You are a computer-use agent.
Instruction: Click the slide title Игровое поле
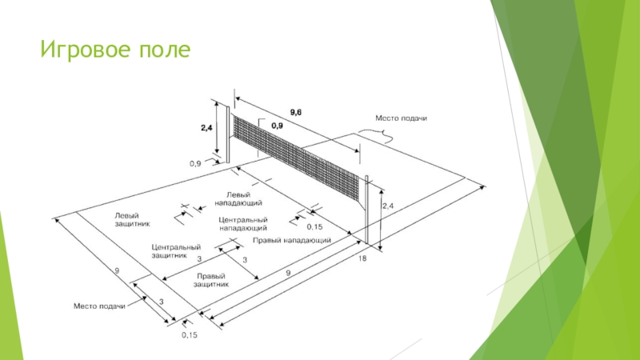115,50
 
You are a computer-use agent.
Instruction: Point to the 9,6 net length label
296,112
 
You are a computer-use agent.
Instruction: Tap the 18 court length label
362,258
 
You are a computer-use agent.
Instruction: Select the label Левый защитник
132,219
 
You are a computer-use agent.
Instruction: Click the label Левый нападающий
238,198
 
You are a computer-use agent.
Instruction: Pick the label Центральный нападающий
243,224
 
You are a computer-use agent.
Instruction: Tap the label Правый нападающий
292,240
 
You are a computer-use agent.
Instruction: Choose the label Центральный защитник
176,251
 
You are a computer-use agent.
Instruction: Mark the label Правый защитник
211,280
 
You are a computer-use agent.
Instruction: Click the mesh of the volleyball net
296,157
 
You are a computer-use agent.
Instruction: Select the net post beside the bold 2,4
228,134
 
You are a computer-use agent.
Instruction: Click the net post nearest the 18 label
366,210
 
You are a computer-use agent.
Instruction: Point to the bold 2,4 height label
206,128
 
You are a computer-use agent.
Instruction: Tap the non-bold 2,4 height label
388,206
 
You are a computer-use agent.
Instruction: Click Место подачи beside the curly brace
402,118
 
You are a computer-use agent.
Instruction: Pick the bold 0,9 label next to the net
277,126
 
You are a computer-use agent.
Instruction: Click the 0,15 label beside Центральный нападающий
314,227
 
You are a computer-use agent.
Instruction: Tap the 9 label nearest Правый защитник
288,273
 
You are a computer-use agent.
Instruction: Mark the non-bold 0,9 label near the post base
195,164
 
